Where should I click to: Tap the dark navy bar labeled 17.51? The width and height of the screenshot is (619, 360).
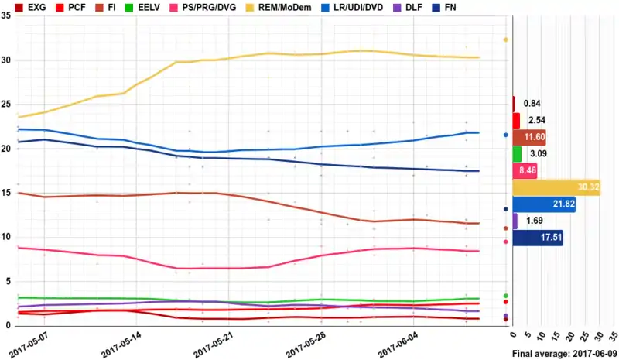(537, 238)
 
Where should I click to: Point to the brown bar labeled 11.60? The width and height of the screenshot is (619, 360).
(528, 137)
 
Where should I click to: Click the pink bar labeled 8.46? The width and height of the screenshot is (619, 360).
(524, 171)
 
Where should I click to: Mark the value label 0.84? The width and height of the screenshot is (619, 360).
(532, 104)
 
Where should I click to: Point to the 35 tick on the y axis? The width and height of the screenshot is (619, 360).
(6, 15)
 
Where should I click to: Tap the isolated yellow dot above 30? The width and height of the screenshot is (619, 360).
(505, 39)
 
